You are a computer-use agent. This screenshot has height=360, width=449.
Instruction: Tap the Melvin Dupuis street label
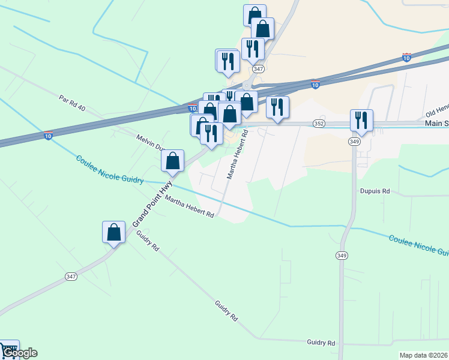[x=150, y=143]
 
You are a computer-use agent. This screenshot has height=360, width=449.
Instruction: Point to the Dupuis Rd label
[x=375, y=191]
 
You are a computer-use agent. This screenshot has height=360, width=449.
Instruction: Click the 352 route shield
[x=319, y=124]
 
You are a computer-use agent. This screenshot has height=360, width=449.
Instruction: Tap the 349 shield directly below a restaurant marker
[x=355, y=141]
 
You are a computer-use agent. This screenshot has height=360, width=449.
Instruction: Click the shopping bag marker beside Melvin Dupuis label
[x=172, y=160]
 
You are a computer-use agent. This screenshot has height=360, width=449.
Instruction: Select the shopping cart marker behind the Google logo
[x=8, y=349]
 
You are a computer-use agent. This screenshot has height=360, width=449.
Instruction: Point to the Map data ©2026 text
[x=423, y=355]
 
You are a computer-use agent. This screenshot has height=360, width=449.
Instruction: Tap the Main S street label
[x=436, y=123]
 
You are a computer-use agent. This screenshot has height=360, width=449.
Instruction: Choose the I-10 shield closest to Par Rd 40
[x=48, y=136]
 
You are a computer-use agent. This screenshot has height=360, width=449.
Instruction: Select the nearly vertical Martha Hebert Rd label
[x=237, y=156]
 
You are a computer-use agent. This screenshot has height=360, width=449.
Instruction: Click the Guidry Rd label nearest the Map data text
[x=321, y=343]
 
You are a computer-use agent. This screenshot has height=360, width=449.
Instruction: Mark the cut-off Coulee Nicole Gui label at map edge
[x=418, y=244]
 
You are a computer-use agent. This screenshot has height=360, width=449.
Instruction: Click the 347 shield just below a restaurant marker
[x=258, y=70]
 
